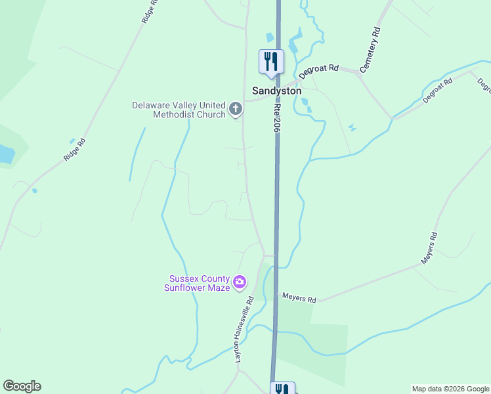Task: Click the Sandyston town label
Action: pos(277,91)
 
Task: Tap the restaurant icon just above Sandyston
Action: pos(271,62)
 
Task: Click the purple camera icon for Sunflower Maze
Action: pos(240,282)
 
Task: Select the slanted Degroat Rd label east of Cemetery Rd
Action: pos(438,91)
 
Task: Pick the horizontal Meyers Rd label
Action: pos(299,299)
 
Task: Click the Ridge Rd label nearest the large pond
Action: pos(74,150)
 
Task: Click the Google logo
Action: pos(22,386)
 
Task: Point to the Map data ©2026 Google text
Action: pos(451,389)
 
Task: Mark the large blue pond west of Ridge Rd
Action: pos(5,154)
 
